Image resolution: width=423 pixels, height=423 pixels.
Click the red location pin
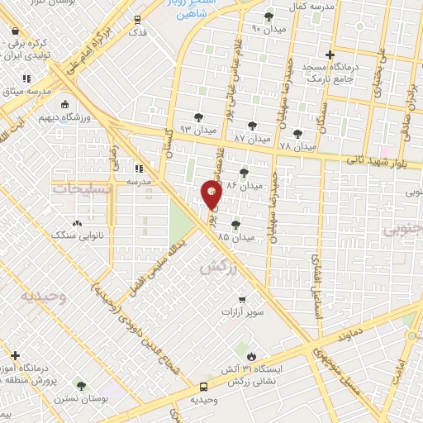click(211, 195)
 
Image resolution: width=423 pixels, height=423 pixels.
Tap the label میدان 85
click(234, 236)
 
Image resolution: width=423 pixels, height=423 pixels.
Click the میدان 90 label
click(268, 28)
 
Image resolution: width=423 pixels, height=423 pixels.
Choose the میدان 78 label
click(298, 146)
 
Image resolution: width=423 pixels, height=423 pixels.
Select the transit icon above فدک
click(138, 19)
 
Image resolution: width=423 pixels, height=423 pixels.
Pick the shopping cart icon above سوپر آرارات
click(242, 300)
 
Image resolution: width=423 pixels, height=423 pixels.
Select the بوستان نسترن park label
click(81, 398)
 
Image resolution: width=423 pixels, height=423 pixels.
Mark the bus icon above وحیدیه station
click(203, 385)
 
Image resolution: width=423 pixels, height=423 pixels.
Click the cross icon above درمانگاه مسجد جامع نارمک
click(330, 55)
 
